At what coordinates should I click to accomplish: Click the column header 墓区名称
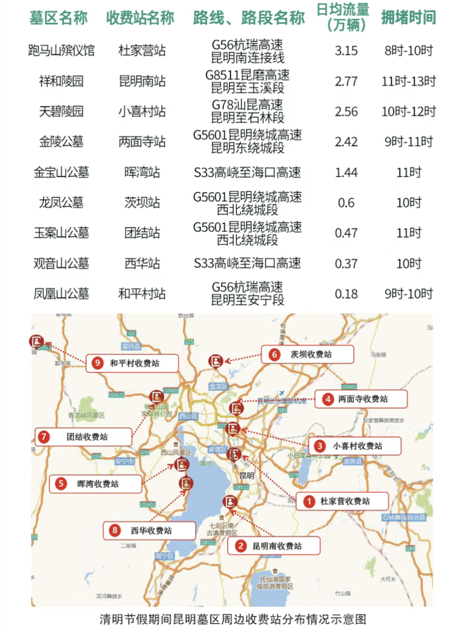(58, 18)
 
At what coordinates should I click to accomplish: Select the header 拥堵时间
(408, 18)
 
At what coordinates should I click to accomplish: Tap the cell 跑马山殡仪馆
(61, 50)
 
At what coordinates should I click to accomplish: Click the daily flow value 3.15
(346, 51)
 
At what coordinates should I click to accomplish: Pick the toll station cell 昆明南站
(142, 81)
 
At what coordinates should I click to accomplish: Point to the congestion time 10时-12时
(408, 112)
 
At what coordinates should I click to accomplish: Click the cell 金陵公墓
(61, 142)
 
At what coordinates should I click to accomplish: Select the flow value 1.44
(346, 173)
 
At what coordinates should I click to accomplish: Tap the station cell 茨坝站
(142, 203)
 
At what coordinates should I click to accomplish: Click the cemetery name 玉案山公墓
(61, 233)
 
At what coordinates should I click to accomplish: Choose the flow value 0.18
(346, 294)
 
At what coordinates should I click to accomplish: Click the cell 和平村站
(142, 294)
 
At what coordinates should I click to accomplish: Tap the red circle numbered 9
(97, 363)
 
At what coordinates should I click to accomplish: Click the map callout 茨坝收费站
(311, 355)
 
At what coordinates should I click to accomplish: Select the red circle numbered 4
(328, 399)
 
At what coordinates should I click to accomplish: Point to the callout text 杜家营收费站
(345, 501)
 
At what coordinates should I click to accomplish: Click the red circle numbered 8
(115, 530)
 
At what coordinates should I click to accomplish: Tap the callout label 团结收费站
(87, 437)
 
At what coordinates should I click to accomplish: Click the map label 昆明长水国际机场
(282, 401)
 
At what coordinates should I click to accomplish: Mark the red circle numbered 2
(241, 546)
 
